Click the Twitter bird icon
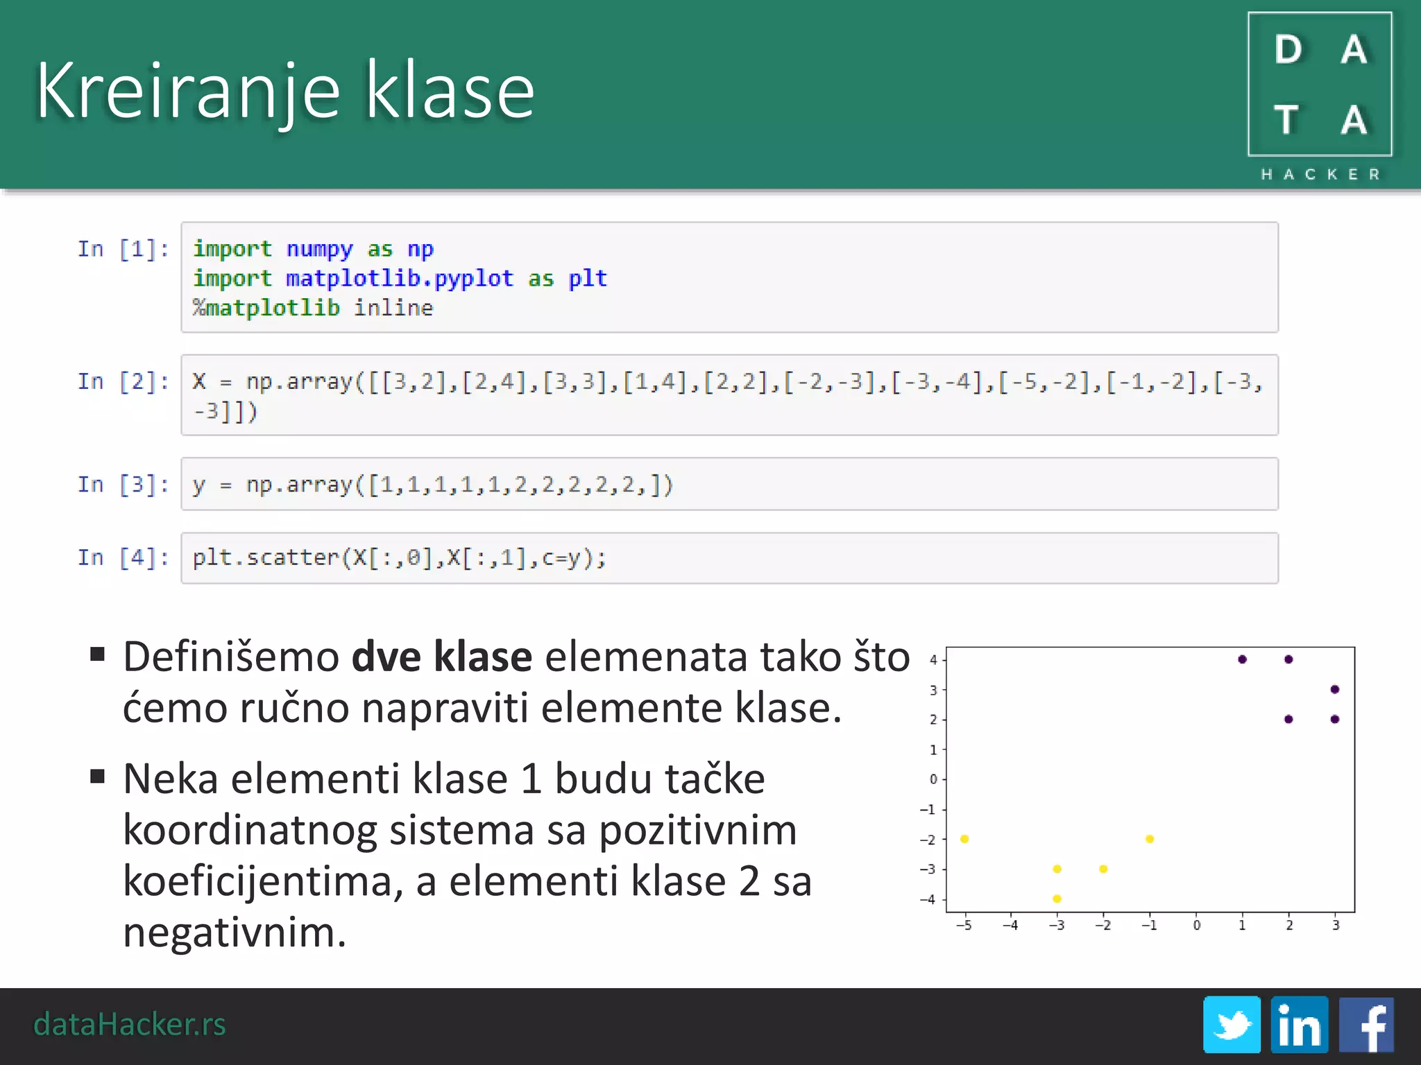1232,1024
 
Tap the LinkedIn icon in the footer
1299,1024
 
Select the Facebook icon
1366,1024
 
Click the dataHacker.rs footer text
130,1024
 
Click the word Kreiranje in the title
188,92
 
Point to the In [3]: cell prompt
123,484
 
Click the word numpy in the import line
319,249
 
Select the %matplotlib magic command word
266,307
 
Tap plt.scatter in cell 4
265,557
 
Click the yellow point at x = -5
964,839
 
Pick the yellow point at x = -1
1150,839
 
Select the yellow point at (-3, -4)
1057,899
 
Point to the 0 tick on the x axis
1196,925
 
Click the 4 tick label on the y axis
933,659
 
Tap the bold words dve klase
441,656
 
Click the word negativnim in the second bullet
235,932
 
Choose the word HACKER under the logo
1320,174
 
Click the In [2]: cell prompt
123,381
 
